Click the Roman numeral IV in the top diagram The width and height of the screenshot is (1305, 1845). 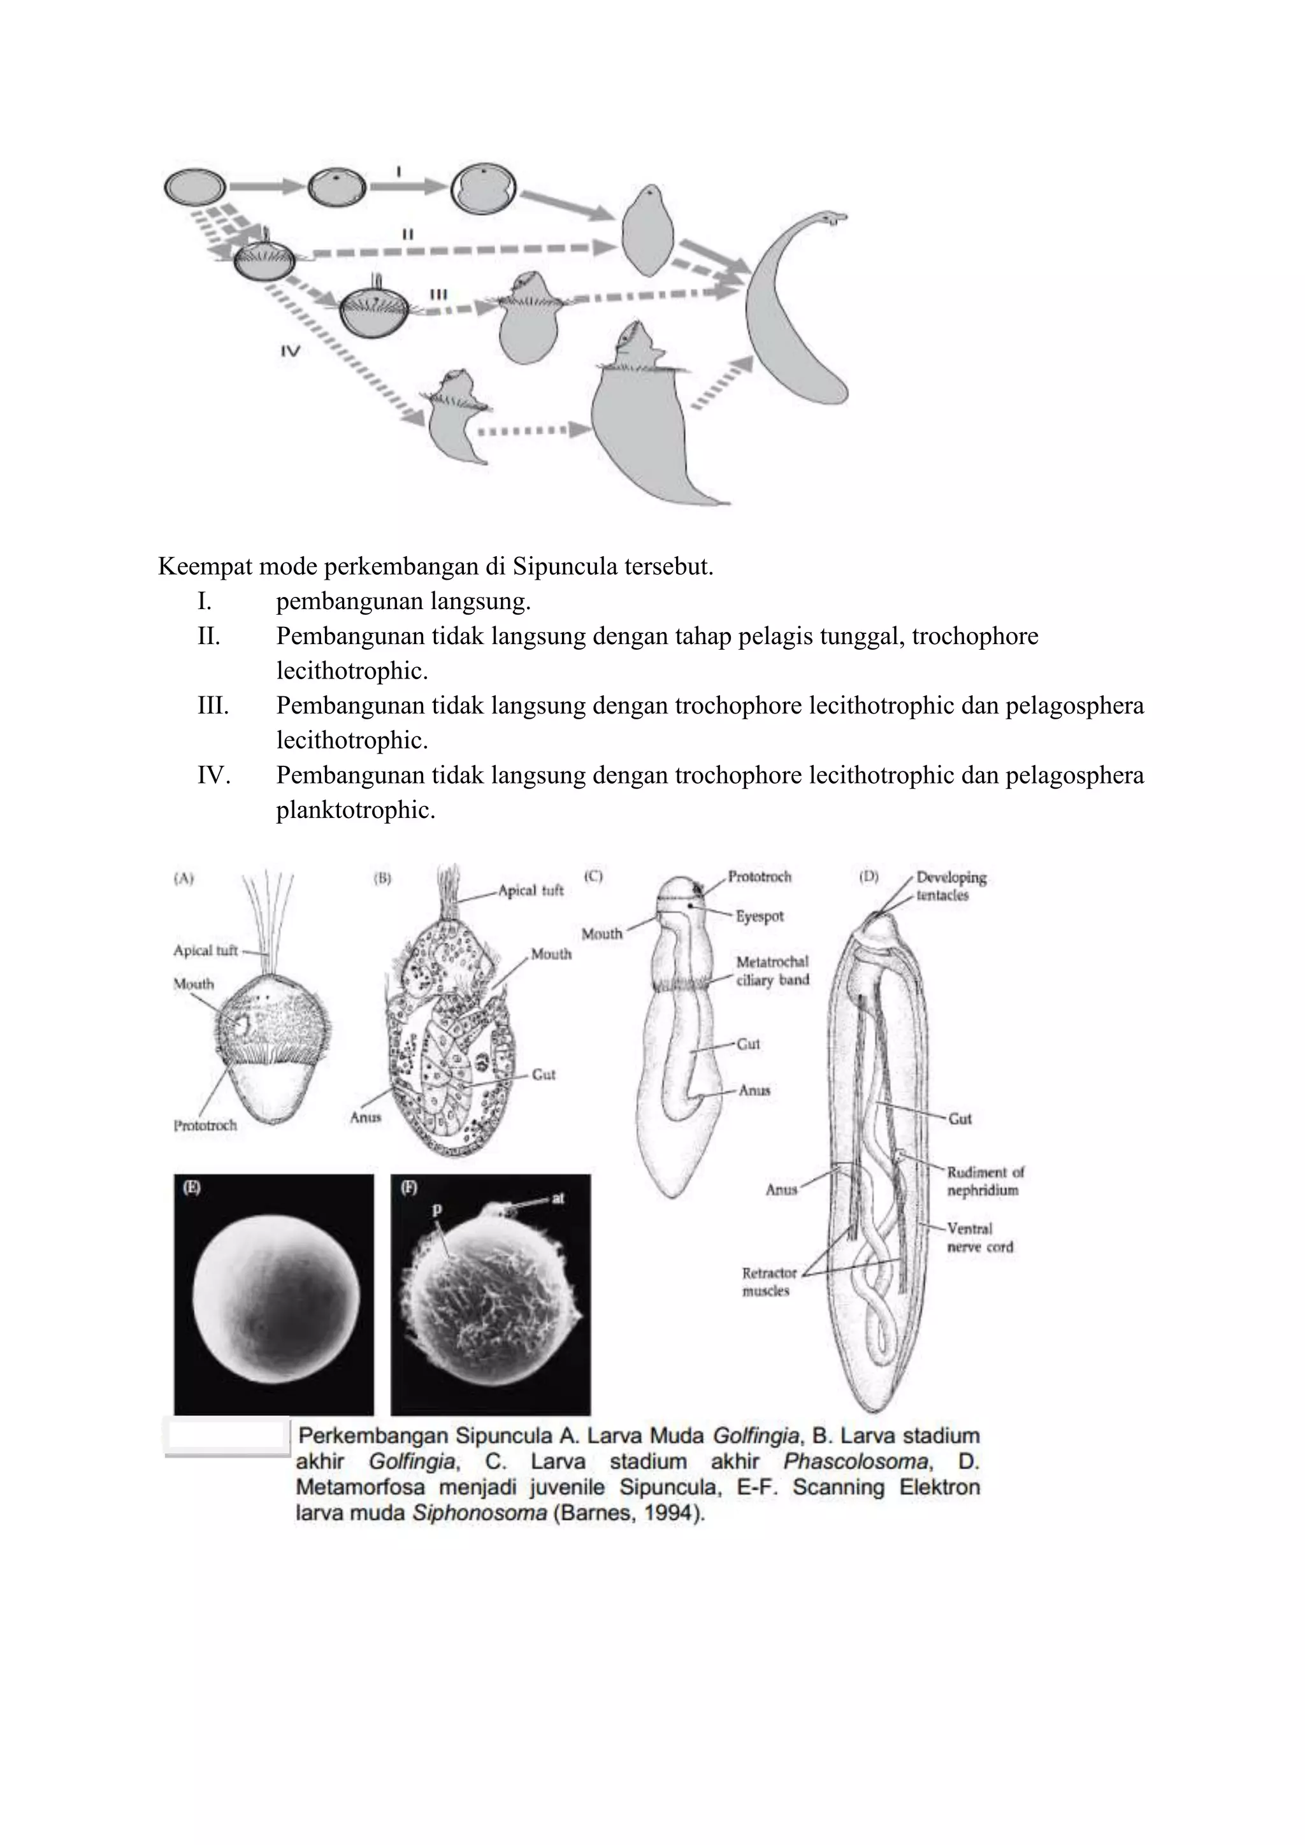289,350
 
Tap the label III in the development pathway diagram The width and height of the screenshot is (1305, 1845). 438,295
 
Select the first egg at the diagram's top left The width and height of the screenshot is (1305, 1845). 195,187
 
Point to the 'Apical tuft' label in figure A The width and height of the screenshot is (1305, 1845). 205,951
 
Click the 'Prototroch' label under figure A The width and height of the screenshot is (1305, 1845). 205,1126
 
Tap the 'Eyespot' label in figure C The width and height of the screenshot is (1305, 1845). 760,916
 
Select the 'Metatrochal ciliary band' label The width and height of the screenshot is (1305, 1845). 772,971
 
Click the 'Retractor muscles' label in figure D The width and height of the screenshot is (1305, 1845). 768,1282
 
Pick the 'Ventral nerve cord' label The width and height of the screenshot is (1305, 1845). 979,1237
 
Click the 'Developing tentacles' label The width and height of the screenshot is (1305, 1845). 951,886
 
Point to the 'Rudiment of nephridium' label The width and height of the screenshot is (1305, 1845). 985,1181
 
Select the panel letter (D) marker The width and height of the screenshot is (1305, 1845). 869,876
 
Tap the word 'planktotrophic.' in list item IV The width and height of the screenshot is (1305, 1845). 355,810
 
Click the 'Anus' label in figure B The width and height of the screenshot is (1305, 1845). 366,1117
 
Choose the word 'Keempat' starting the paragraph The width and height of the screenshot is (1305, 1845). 206,566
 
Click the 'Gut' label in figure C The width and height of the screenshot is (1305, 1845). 748,1044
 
